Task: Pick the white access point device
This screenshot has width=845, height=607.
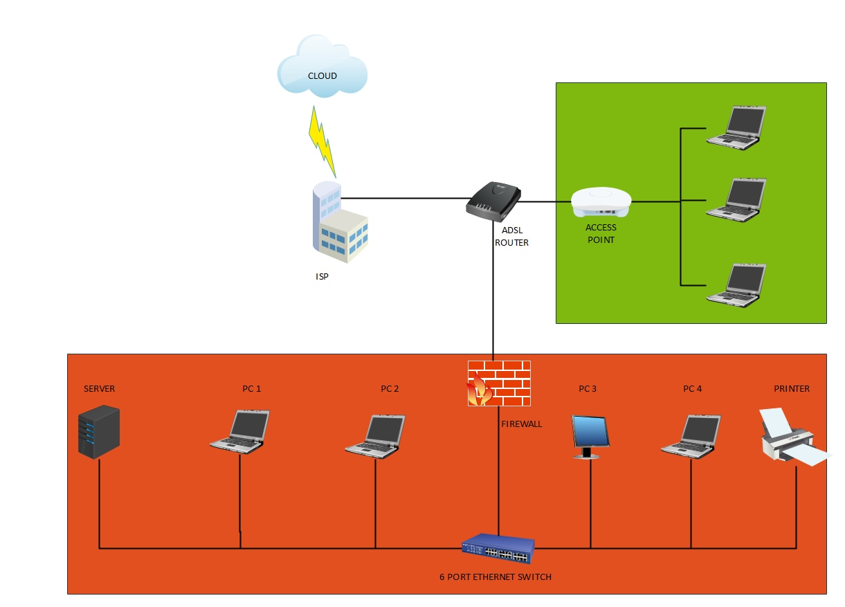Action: (x=601, y=201)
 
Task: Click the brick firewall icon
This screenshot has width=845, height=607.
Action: (x=498, y=383)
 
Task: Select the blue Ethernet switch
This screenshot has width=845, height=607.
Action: (x=498, y=549)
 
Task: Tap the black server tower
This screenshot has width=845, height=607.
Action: (x=98, y=433)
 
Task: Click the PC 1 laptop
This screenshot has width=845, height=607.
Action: (x=240, y=432)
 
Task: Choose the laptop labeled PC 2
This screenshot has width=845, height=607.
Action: (x=375, y=435)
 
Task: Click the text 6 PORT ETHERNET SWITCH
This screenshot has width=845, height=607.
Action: (x=496, y=577)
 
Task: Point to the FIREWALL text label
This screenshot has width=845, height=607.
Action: (x=521, y=424)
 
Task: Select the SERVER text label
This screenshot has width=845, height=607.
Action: (x=99, y=388)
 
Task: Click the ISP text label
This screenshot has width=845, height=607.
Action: (x=322, y=276)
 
